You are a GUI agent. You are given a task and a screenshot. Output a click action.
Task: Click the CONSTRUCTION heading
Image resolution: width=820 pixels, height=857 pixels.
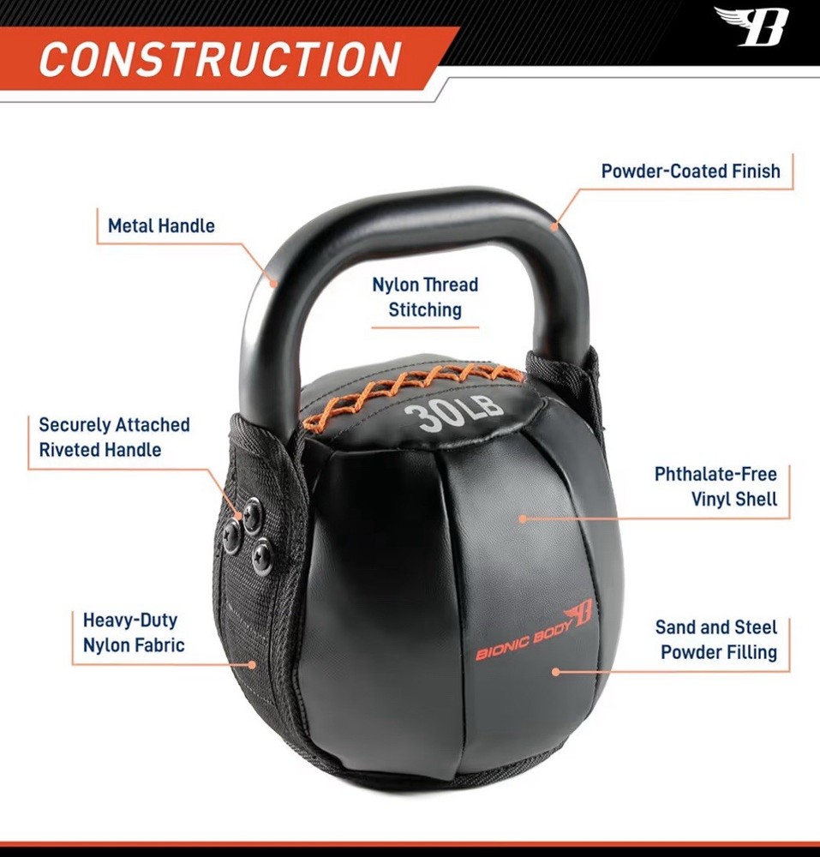pos(220,58)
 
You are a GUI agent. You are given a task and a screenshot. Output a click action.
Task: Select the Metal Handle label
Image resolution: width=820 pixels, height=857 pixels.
pos(161,226)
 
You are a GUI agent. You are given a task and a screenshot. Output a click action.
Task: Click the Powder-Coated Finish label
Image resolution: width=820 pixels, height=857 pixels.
pos(691,171)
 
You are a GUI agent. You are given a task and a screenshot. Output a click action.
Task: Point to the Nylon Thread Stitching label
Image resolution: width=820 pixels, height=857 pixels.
pos(425,297)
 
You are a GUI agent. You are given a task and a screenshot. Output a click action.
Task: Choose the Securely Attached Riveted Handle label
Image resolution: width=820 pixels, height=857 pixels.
pos(114,436)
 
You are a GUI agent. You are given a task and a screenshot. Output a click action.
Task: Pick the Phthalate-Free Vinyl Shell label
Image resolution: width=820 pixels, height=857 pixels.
pos(715,486)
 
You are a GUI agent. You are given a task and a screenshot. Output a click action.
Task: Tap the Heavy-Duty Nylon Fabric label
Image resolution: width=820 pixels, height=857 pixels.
pos(133,632)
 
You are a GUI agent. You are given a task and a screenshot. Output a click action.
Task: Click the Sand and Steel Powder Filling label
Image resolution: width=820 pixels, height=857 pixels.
pos(715,639)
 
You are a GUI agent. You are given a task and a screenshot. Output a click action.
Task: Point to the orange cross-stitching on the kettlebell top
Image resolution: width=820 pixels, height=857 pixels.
pos(411,386)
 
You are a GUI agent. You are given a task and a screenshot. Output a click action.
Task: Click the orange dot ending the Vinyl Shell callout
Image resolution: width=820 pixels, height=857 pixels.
pos(522,518)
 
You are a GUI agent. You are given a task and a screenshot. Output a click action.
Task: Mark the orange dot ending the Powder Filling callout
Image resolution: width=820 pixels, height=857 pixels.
pos(556,672)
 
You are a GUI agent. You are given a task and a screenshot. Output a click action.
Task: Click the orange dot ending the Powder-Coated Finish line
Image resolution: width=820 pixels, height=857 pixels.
pos(554,227)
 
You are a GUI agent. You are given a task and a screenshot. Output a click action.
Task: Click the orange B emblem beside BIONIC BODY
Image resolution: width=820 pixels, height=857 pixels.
pos(584,620)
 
